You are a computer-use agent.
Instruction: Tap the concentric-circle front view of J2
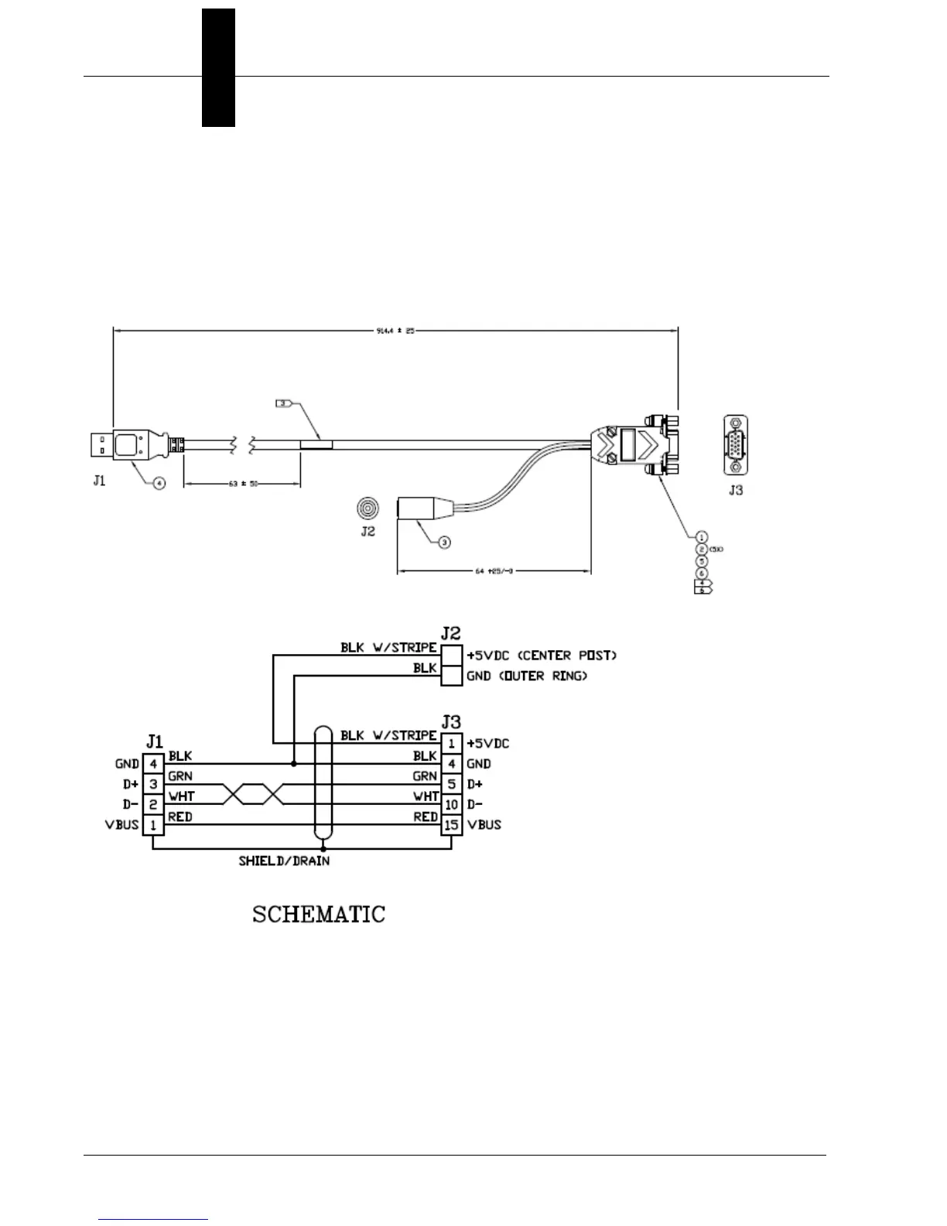click(x=368, y=508)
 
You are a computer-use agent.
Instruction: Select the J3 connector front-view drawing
click(x=735, y=445)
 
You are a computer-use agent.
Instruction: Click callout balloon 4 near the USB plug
click(x=159, y=484)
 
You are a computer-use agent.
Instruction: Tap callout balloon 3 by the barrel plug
click(x=444, y=543)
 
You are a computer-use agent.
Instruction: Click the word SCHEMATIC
click(x=319, y=914)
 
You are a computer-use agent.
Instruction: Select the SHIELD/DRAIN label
click(x=284, y=861)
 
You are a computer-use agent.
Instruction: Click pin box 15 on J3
click(x=452, y=825)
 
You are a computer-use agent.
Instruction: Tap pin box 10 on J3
click(x=452, y=805)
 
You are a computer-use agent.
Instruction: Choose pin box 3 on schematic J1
click(x=153, y=785)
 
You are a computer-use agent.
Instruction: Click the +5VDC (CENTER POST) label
click(x=542, y=656)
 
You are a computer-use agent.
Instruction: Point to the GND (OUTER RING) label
click(x=527, y=676)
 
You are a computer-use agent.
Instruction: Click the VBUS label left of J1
click(x=122, y=824)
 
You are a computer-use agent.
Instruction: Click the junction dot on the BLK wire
click(x=293, y=764)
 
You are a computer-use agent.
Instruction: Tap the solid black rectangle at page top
click(x=218, y=67)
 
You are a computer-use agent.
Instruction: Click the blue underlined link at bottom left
click(x=154, y=1219)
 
